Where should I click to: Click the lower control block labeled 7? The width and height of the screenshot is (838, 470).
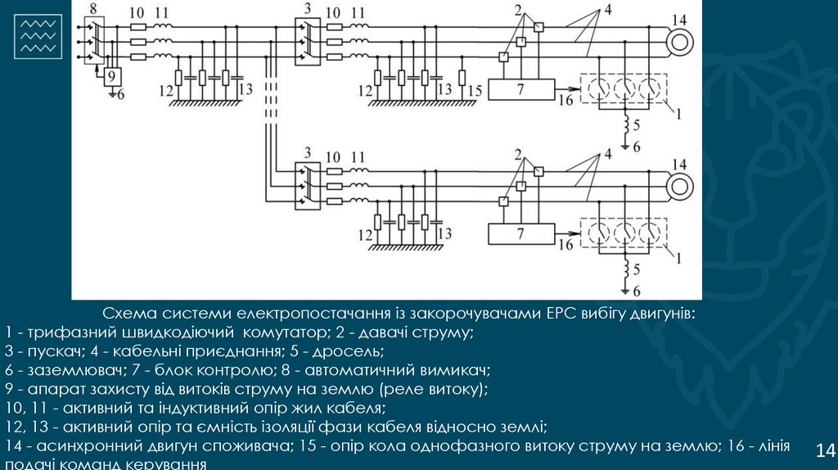(521, 233)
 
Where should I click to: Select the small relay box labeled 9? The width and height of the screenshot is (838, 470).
(111, 76)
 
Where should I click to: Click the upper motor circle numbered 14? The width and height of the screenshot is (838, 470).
(678, 39)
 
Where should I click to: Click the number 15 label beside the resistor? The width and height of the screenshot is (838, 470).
(475, 90)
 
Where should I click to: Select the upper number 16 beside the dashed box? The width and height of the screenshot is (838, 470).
(565, 102)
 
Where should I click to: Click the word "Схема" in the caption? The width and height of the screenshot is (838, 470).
(124, 314)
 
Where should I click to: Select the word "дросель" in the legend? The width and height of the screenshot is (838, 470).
(354, 351)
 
